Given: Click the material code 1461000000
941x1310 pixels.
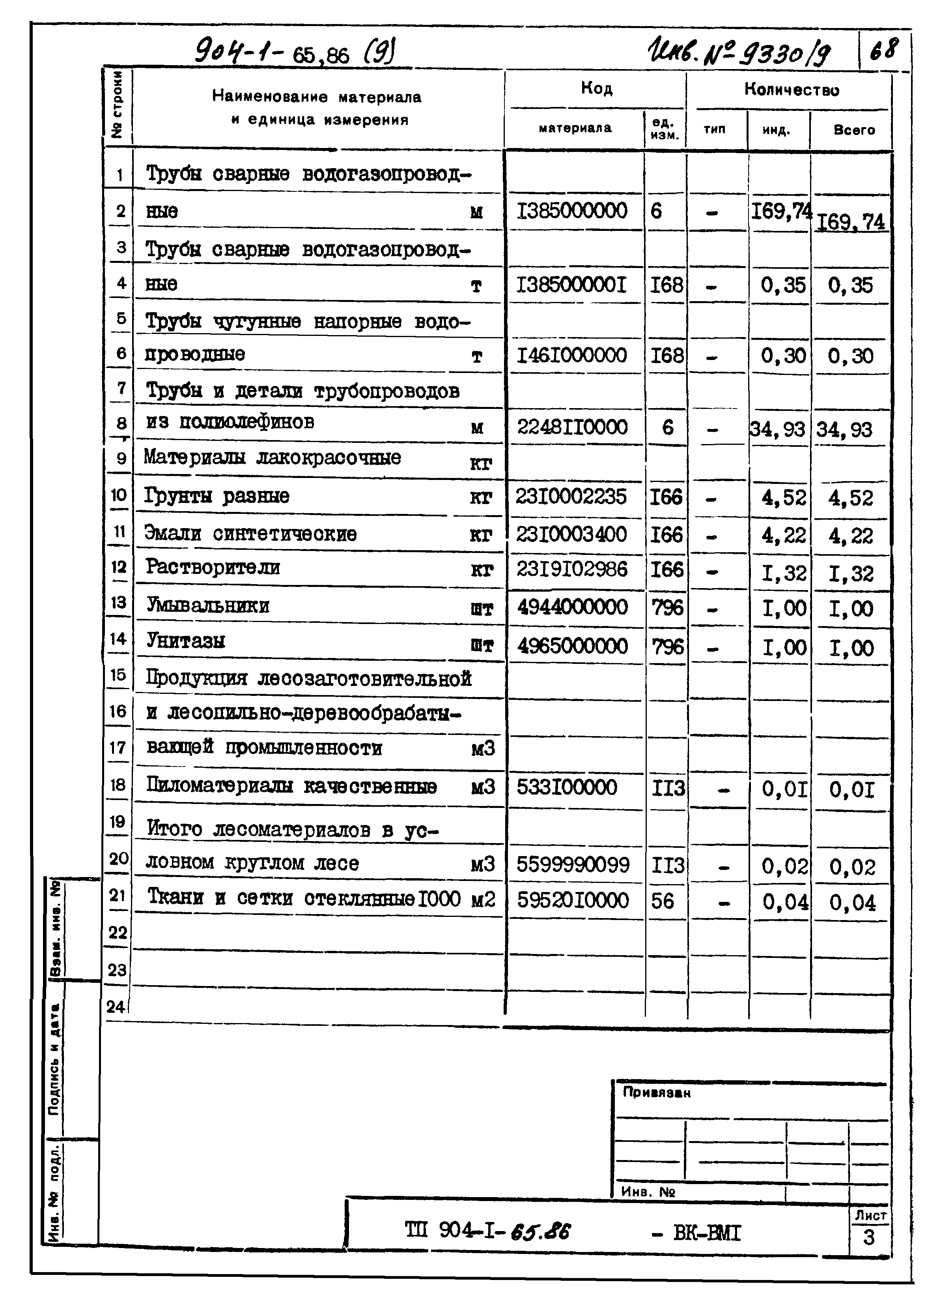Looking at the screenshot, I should (x=571, y=355).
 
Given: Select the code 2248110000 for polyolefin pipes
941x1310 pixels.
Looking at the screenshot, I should (x=571, y=427).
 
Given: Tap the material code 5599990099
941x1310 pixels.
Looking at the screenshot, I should (x=572, y=865).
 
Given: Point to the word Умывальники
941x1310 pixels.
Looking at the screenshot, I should (x=208, y=606).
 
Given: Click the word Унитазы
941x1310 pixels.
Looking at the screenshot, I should (x=185, y=641).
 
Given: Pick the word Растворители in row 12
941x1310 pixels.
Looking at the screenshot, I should (x=213, y=568).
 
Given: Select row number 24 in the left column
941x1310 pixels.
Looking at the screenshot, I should (x=116, y=1007).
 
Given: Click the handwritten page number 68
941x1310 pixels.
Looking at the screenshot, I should (x=883, y=50).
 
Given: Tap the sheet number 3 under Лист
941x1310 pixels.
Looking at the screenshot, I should (x=868, y=1237).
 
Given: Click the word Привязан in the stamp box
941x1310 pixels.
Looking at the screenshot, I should (x=656, y=1093).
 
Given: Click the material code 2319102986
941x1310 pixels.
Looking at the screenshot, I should (x=571, y=570).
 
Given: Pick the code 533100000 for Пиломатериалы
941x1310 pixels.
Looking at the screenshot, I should (x=566, y=787).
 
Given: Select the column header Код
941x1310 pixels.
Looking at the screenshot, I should (x=596, y=88).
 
